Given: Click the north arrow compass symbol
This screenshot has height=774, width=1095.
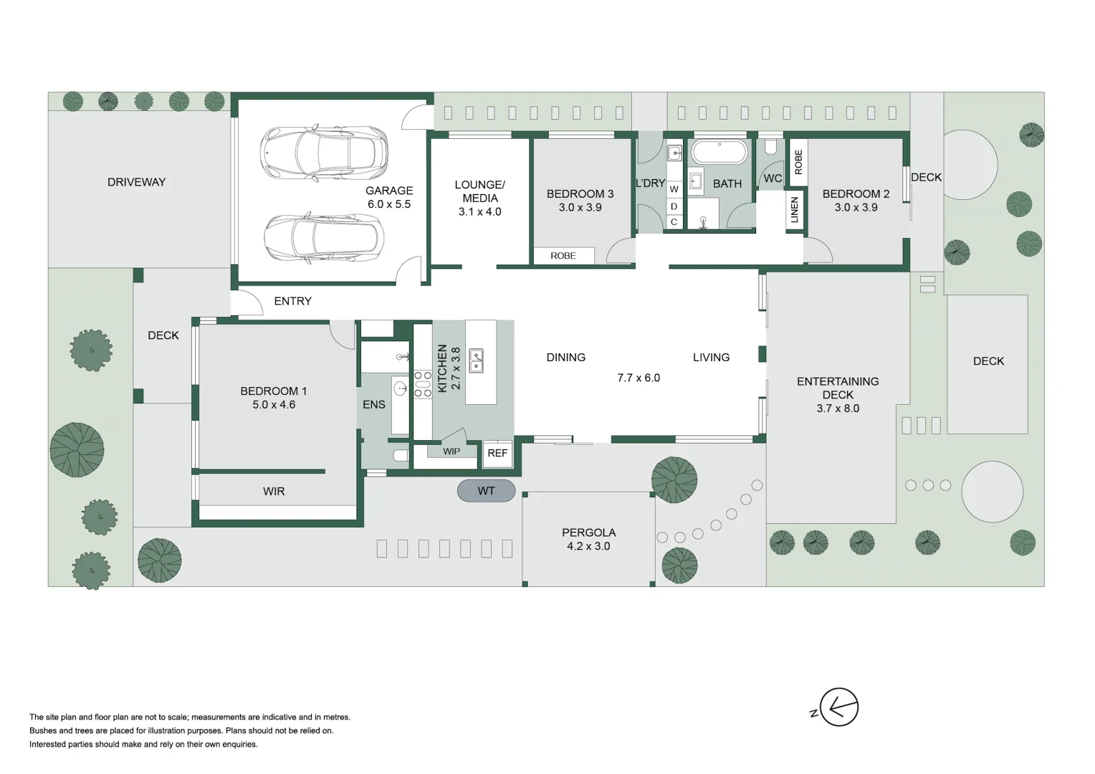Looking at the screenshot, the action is (x=838, y=707).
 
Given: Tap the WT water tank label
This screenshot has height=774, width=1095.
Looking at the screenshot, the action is (x=486, y=491).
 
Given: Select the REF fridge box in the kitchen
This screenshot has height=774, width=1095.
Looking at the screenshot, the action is (x=497, y=453).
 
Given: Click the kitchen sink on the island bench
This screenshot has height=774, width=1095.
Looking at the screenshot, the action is (x=476, y=360).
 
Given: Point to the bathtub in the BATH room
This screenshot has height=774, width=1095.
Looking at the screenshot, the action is (x=719, y=153).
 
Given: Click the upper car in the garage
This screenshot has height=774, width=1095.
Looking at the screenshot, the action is (x=324, y=153).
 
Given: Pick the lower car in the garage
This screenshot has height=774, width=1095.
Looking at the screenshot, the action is (x=324, y=238).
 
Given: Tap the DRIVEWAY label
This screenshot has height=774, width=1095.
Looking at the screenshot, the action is (x=136, y=182).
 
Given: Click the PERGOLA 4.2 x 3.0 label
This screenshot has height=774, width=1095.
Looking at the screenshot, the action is (x=588, y=539).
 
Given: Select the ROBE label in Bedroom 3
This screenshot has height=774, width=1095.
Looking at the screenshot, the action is (x=563, y=256).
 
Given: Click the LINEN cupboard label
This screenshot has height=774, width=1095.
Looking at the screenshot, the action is (x=794, y=210).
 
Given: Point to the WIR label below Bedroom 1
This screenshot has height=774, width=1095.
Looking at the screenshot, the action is (x=274, y=491).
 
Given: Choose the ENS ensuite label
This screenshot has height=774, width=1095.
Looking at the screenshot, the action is (x=374, y=405).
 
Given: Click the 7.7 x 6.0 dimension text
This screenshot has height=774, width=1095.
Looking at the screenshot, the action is (x=639, y=378).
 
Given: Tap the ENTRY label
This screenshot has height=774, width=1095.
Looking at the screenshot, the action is (x=292, y=301).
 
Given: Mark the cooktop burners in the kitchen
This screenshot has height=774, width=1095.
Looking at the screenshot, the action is (x=423, y=383).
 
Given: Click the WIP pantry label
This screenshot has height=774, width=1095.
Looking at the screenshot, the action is (x=451, y=451).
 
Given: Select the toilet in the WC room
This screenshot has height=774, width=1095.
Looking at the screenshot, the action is (x=771, y=146).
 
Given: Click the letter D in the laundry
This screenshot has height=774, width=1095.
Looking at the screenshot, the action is (x=674, y=206).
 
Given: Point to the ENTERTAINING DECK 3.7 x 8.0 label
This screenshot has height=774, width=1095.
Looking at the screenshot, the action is (x=838, y=395).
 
